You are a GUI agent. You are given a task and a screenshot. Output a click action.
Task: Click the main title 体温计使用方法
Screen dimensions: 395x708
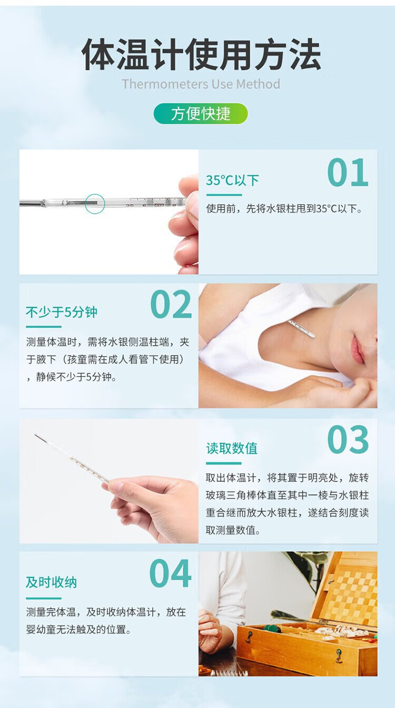pos(201,54)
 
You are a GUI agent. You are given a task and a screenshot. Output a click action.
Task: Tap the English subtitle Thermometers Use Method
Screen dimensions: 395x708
pos(201,84)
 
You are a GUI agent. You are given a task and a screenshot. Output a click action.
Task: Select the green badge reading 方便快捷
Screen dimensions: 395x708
pos(201,114)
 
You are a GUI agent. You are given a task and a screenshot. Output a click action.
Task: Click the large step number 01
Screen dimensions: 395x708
pos(348,173)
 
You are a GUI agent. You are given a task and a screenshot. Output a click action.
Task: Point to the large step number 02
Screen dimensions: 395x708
pos(171,305)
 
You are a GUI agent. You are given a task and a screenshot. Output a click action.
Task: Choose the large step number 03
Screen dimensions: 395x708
pos(348,440)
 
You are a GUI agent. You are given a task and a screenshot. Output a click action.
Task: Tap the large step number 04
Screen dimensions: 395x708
pos(170,574)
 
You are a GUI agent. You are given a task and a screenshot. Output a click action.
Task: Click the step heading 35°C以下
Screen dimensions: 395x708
pos(233,180)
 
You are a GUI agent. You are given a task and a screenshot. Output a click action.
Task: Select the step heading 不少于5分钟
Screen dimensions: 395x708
pos(62,312)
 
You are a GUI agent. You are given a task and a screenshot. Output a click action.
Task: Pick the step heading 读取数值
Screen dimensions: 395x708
pos(232,448)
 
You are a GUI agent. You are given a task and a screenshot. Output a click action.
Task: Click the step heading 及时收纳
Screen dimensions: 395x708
pos(51,582)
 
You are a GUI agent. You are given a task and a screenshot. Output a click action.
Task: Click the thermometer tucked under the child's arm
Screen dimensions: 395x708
pos(301,329)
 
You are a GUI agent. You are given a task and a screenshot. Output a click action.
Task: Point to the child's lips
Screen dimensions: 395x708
pos(357,350)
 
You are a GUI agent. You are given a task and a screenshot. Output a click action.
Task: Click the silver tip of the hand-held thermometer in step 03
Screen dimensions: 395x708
pos(39,438)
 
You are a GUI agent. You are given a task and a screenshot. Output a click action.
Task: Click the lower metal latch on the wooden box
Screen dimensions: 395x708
pos(339,656)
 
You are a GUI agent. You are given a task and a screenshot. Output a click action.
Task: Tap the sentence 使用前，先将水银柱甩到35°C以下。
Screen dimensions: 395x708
pos(284,209)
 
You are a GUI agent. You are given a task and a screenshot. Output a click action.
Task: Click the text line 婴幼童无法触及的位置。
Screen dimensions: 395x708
pos(78,630)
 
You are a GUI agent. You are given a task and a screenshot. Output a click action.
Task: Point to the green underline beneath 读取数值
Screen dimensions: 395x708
pos(224,463)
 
